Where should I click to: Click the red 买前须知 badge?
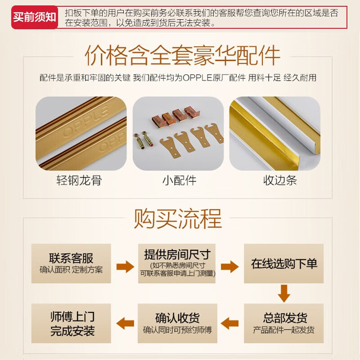pos(35,18)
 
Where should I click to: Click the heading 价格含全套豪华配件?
pos(182,55)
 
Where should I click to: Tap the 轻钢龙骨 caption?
pos(79,181)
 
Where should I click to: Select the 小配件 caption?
pos(180,181)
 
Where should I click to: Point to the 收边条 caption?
pos(280,181)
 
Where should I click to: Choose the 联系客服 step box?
pos(71,264)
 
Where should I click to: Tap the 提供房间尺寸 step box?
pos(177,264)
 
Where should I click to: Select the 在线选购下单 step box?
pos(284,264)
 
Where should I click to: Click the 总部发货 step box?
pos(284,323)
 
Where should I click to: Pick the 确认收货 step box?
pos(177,323)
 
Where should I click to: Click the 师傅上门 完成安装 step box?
pos(71,323)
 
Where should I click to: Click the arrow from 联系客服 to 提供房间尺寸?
pos(125,266)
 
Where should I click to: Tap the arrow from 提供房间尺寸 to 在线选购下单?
pos(229,266)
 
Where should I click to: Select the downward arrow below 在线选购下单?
pos(284,293)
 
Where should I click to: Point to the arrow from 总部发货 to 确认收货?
pos(230,323)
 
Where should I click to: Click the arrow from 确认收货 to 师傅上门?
pos(125,323)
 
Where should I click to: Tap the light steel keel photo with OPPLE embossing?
pos(81,133)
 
